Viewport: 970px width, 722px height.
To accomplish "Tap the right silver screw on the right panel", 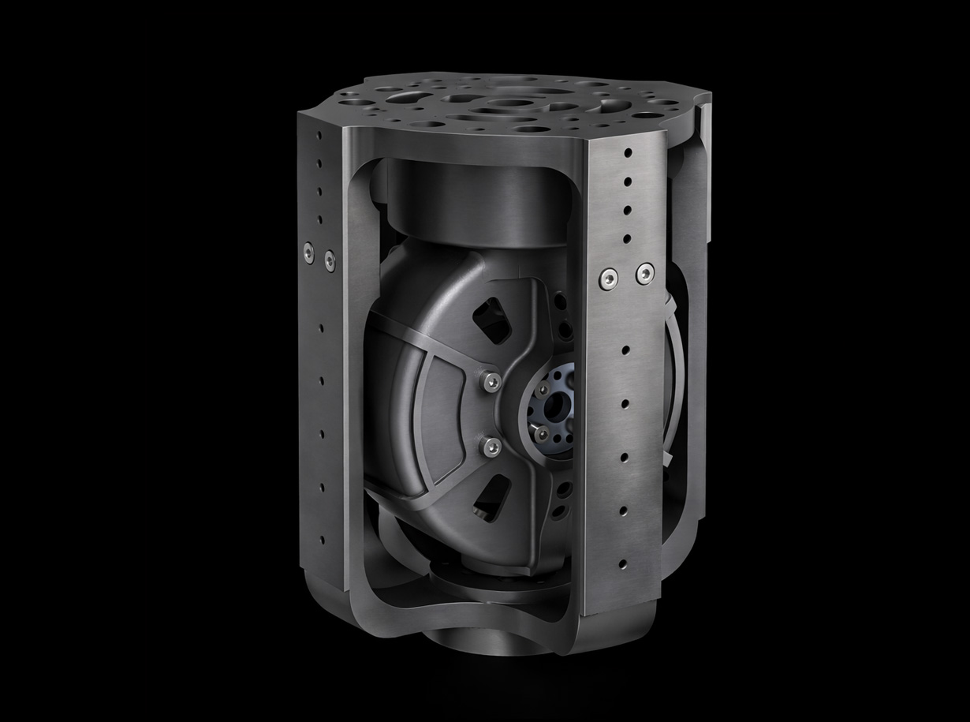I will click(645, 274).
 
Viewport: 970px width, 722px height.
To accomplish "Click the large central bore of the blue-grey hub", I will click(558, 404).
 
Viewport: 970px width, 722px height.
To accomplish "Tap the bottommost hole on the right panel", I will click(622, 565).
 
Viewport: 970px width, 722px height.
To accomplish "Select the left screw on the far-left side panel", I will click(308, 252).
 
